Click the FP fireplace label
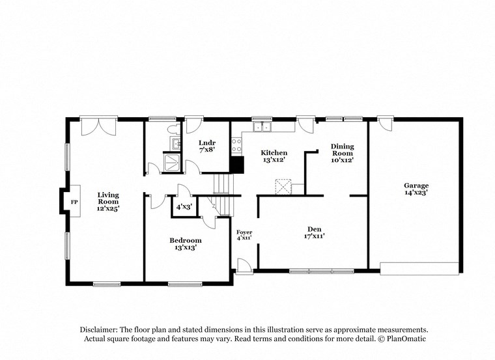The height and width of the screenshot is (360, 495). click(x=74, y=202)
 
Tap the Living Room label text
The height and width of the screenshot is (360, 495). click(x=108, y=201)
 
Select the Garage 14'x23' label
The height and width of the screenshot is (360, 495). click(x=416, y=189)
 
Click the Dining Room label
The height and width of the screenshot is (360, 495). click(x=342, y=152)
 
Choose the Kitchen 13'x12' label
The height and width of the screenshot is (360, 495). click(x=274, y=156)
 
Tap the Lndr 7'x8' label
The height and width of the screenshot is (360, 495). click(x=207, y=146)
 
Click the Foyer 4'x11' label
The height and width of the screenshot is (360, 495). click(x=244, y=235)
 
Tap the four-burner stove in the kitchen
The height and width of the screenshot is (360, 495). click(x=236, y=145)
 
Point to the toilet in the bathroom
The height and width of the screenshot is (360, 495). click(x=173, y=129)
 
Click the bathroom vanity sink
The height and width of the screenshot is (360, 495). click(x=174, y=143)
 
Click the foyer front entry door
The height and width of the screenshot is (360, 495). click(x=244, y=266)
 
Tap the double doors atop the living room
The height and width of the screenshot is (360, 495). click(x=99, y=125)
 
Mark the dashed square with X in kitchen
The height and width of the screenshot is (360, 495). click(x=283, y=187)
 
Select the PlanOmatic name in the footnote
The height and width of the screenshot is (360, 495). click(x=406, y=339)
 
